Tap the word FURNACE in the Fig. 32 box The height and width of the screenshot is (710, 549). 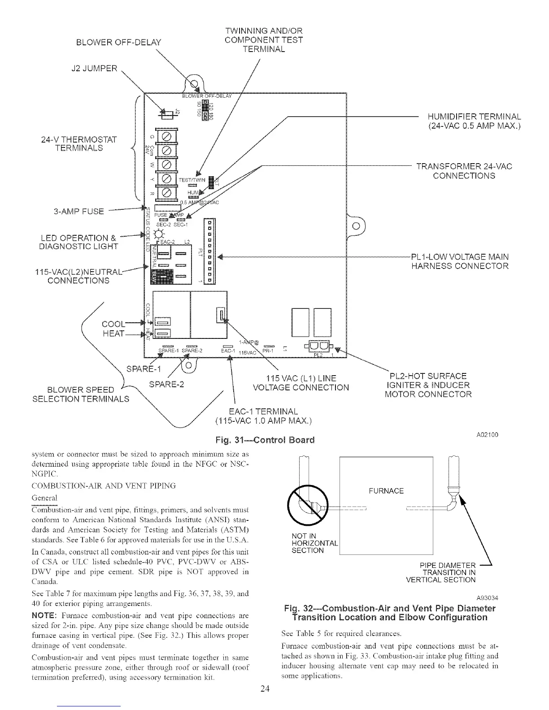pos(386,491)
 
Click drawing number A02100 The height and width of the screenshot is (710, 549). pos(486,435)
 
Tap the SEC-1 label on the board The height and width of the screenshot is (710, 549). pos(181,225)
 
